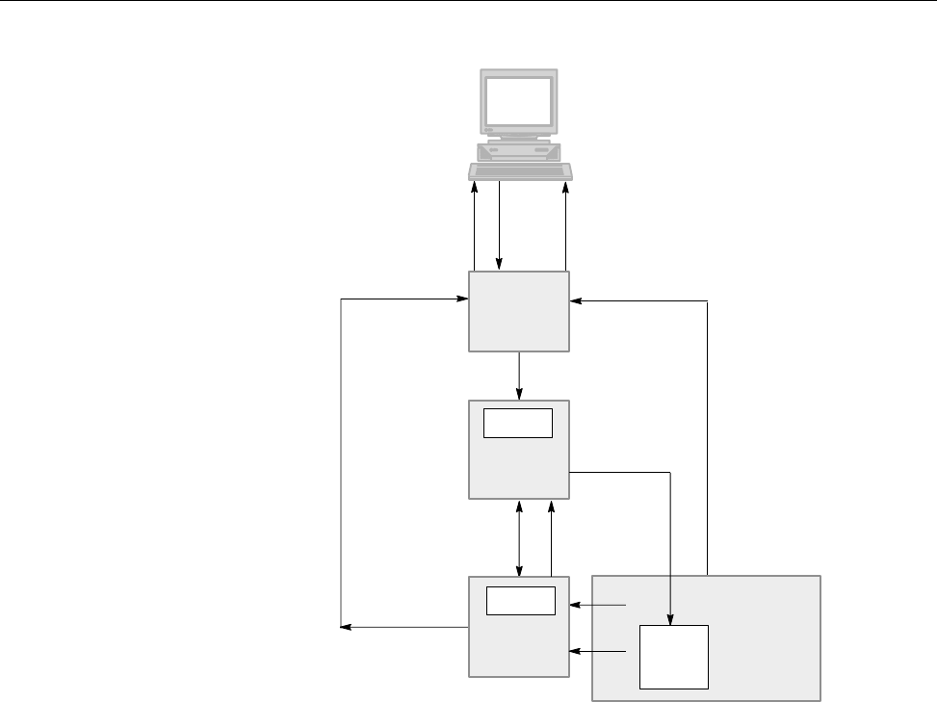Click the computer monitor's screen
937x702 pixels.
[519, 100]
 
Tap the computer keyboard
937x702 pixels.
[520, 171]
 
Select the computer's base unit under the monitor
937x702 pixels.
[519, 151]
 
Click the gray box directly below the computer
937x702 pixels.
[519, 312]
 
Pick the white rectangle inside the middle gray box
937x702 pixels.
[518, 423]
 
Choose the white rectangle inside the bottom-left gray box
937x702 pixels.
[521, 600]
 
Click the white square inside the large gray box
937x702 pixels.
[674, 657]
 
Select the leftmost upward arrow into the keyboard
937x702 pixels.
[475, 225]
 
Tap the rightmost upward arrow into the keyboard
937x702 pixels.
[565, 225]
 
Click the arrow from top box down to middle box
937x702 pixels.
[520, 376]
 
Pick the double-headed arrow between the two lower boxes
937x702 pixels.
[520, 537]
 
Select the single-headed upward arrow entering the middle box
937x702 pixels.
[551, 537]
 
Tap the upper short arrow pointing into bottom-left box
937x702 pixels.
[597, 606]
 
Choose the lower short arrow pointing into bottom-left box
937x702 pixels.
[597, 652]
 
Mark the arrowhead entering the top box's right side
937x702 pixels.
[576, 301]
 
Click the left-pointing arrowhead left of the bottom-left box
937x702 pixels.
[348, 628]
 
